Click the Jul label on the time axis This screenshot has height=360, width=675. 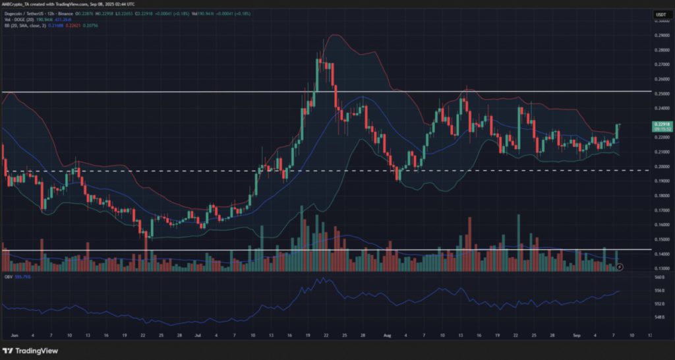tap(198, 334)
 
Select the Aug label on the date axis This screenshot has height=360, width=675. tap(387, 334)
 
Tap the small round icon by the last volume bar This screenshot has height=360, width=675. tap(619, 267)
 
